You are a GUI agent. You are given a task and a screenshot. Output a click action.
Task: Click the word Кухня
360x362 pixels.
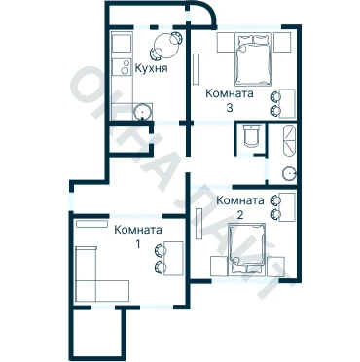[151, 69]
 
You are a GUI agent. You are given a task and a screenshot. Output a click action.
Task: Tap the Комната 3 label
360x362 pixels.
[230, 100]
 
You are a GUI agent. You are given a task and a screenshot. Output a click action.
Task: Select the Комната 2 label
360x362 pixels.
[240, 207]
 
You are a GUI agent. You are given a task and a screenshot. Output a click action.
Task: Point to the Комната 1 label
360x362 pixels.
[138, 236]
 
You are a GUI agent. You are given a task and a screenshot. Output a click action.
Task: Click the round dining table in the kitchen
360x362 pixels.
[165, 46]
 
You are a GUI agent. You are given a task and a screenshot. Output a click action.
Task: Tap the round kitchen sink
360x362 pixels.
[143, 112]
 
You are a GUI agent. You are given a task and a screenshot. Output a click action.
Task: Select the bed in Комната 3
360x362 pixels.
[253, 59]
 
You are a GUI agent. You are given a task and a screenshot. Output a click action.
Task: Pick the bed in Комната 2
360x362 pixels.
[247, 249]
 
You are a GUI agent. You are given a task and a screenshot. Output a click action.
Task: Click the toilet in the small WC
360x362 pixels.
[251, 135]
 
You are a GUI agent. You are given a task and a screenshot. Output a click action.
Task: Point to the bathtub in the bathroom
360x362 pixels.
[290, 141]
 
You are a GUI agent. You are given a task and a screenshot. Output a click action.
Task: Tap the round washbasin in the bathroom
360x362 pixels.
[289, 174]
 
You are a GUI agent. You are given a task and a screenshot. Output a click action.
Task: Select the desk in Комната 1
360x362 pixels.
[173, 258]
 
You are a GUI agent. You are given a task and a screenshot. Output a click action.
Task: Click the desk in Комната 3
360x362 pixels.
[287, 103]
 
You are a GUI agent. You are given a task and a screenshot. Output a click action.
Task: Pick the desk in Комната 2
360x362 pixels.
[287, 206]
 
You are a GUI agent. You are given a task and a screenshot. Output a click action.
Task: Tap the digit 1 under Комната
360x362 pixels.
[138, 244]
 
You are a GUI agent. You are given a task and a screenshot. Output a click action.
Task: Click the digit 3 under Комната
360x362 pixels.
[230, 108]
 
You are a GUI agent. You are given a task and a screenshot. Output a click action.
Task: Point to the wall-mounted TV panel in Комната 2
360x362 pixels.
[199, 224]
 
